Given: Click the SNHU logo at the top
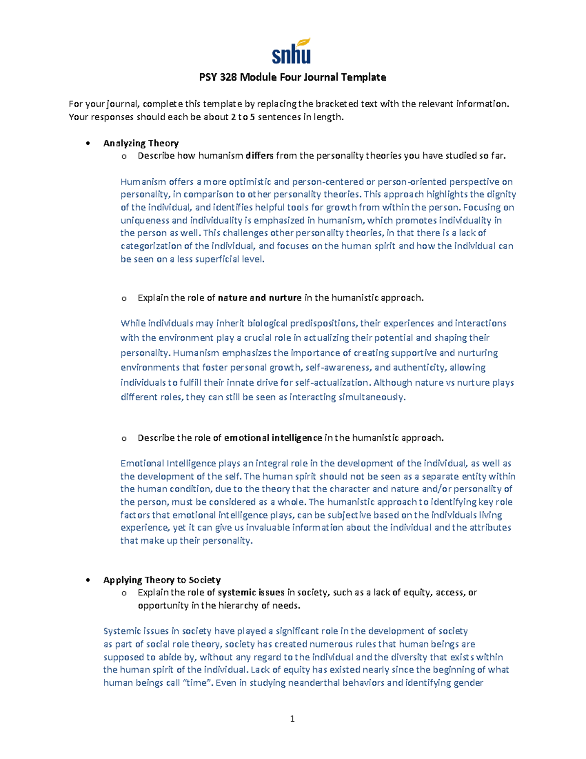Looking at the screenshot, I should [x=292, y=51].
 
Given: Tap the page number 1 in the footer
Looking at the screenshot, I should [x=292, y=718].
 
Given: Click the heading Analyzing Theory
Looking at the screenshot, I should [x=141, y=143].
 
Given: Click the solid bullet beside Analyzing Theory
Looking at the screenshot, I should [x=88, y=144].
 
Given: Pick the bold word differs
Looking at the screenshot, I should [x=259, y=156].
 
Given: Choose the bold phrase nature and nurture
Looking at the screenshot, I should [x=259, y=298].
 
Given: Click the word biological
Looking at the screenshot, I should [x=267, y=324].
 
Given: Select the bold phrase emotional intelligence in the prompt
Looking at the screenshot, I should [x=273, y=438].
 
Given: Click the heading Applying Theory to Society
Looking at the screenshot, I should [x=162, y=580].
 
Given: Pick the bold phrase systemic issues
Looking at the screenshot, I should [x=251, y=593].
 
